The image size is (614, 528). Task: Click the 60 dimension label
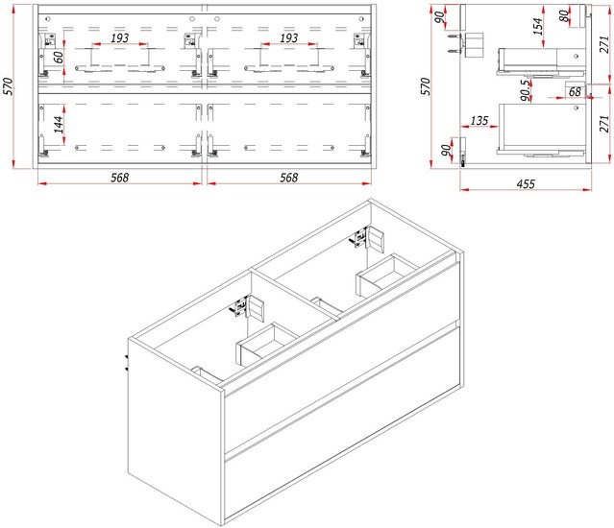tap(59, 58)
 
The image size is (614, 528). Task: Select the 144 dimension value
tap(59, 125)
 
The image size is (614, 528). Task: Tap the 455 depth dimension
tap(526, 183)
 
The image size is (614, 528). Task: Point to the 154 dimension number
tap(538, 26)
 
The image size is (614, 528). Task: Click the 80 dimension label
tap(563, 16)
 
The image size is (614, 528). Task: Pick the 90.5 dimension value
tap(527, 90)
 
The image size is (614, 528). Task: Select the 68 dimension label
tap(575, 92)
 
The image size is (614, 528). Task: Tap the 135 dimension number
tap(479, 121)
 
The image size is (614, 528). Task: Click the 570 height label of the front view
tap(9, 86)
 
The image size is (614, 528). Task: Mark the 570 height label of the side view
tap(426, 86)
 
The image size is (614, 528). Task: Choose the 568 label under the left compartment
tap(119, 178)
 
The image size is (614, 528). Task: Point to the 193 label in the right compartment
tap(288, 38)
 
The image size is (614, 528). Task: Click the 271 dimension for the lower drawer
tap(604, 124)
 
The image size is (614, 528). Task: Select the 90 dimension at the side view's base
tap(447, 150)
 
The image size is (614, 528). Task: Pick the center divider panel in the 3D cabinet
tap(294, 295)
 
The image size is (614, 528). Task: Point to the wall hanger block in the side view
tap(474, 44)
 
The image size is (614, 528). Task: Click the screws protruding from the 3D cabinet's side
tap(126, 363)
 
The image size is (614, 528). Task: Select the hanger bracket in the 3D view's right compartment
tap(369, 237)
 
